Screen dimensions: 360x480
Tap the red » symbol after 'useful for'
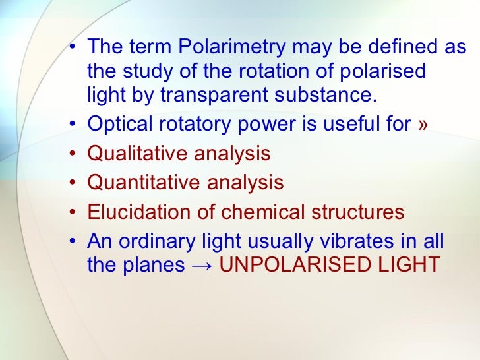(422, 125)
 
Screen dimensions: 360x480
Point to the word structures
(357, 212)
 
